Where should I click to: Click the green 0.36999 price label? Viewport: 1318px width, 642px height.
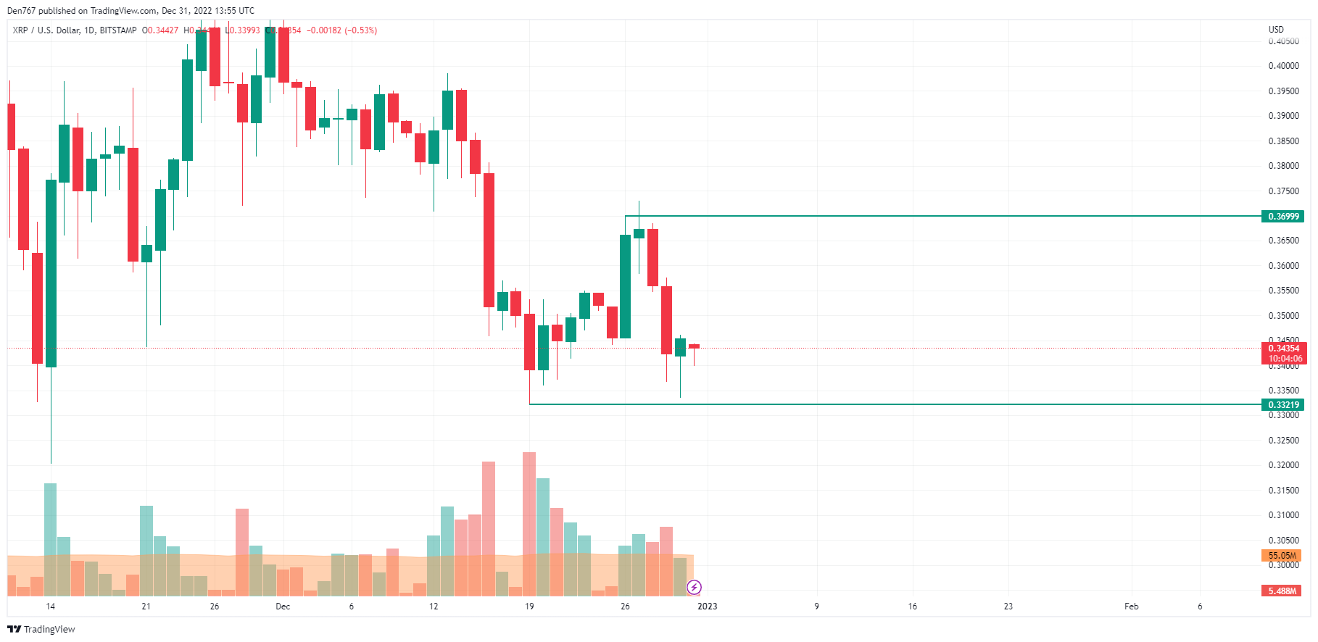(x=1283, y=217)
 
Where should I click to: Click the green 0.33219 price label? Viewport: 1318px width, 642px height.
(x=1283, y=405)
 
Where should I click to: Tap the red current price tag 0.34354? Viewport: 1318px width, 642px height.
(x=1283, y=349)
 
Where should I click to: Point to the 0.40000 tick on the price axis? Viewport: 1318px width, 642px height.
(x=1283, y=66)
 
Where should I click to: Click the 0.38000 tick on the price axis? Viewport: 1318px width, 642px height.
(x=1283, y=166)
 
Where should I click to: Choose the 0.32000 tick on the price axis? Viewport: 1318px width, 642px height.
(x=1283, y=465)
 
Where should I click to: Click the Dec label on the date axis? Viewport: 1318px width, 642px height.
(x=283, y=606)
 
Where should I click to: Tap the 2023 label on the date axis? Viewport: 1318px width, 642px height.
(x=707, y=606)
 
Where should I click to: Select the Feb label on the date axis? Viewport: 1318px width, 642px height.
(x=1131, y=606)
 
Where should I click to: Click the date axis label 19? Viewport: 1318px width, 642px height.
(x=529, y=606)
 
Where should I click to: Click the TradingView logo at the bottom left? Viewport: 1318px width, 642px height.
(x=41, y=629)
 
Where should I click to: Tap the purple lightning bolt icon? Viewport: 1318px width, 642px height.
(x=694, y=587)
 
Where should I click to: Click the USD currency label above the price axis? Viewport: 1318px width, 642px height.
(x=1276, y=30)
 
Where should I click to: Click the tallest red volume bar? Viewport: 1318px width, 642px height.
(x=529, y=522)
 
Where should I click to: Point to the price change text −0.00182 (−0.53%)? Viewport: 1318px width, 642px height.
(x=341, y=30)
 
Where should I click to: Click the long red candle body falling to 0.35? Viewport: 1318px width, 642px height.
(x=489, y=240)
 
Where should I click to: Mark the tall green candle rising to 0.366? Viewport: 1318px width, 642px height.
(x=625, y=286)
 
